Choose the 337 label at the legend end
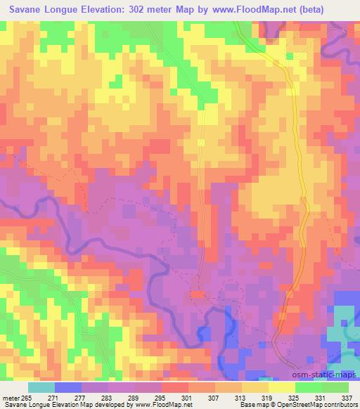[x=347, y=397]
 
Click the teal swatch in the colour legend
[x=41, y=387]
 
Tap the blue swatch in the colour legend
[x=67, y=387]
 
